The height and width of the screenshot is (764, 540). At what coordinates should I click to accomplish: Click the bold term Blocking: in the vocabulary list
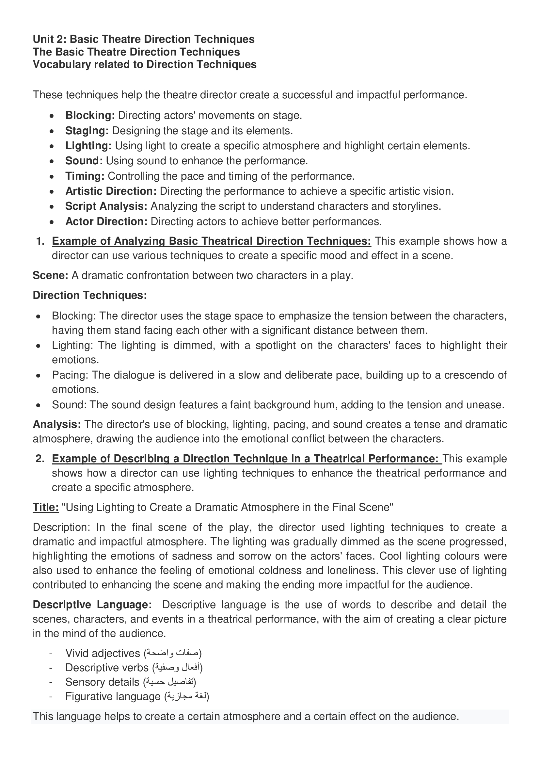click(x=90, y=115)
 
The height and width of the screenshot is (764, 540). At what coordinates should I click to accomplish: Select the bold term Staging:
click(x=87, y=131)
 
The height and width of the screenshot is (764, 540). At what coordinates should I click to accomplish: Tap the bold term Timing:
click(x=85, y=176)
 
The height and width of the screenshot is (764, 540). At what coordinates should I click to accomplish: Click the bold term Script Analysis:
click(x=106, y=206)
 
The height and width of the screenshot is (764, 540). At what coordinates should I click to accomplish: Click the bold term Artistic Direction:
click(x=111, y=191)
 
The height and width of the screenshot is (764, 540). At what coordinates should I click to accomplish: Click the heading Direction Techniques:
click(x=90, y=295)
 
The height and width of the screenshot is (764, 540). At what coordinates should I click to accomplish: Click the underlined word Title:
click(x=46, y=508)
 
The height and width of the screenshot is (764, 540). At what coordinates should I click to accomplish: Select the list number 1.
click(x=40, y=241)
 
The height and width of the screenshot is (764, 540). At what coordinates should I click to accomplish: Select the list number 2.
click(x=40, y=459)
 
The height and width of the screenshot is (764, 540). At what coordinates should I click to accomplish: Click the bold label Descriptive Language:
click(x=92, y=605)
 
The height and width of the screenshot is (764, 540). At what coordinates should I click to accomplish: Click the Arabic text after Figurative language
click(x=187, y=696)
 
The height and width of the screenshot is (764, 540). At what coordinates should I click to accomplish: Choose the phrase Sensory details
click(x=102, y=682)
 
